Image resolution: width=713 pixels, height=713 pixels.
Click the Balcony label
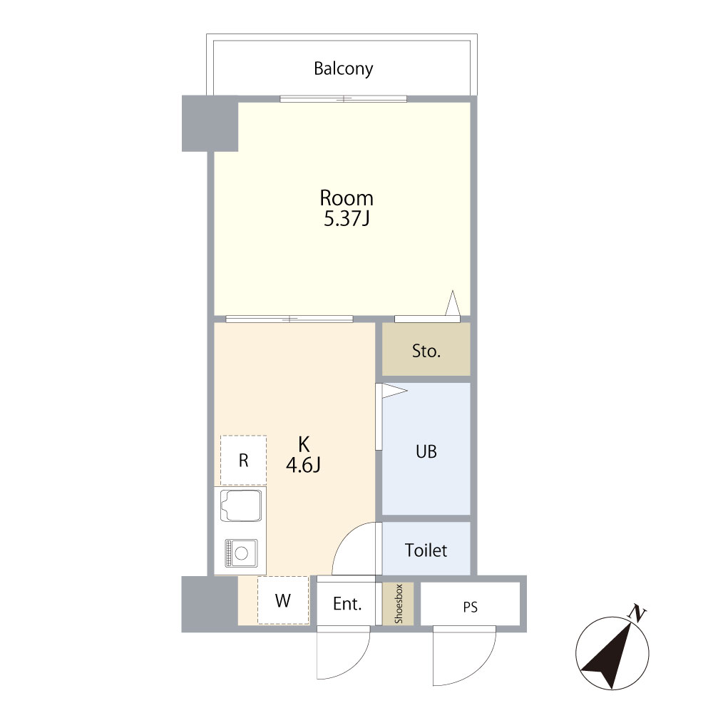coord(344,68)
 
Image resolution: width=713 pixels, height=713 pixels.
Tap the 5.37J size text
coord(346,219)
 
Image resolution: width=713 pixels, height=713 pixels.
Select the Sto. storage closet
coord(426,349)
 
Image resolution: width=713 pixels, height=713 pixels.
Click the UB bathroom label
coord(426,451)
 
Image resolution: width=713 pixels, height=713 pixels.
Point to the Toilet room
coord(426,548)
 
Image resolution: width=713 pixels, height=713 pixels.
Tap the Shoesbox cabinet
coord(398,603)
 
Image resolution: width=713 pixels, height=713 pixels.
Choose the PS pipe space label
coord(470,607)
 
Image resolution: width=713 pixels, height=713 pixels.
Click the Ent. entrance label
coord(347,604)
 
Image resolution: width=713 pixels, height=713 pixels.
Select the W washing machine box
coord(283,600)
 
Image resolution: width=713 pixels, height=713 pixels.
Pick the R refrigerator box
coord(243,460)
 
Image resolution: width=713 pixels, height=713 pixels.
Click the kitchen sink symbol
coord(240,506)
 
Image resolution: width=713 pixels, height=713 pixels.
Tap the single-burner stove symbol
coord(241,553)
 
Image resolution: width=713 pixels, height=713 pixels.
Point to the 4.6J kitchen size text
coord(303,465)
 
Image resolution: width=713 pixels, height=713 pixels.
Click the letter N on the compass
coord(637,614)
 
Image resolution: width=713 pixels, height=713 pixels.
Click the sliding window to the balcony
coord(344,98)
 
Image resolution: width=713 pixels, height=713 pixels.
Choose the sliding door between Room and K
coord(289,319)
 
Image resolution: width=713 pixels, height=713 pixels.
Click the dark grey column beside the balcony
coord(210,123)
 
